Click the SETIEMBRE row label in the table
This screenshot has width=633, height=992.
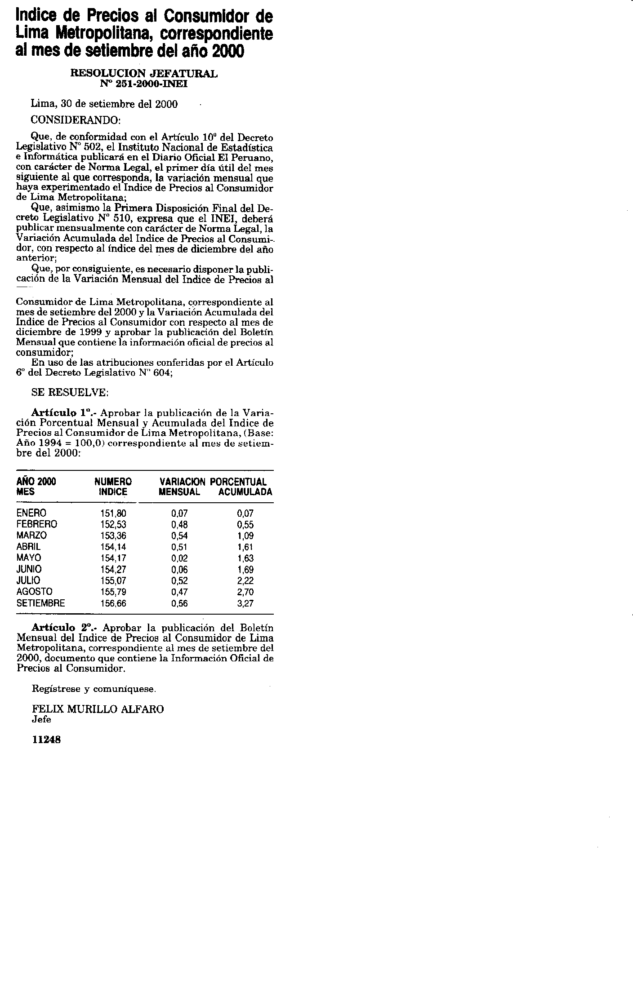coord(40,603)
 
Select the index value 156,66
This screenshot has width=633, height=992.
coord(113,603)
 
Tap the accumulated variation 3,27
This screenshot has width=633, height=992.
coord(245,603)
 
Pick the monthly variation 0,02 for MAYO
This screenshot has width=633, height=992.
coord(179,558)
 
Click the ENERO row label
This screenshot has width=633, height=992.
coord(31,513)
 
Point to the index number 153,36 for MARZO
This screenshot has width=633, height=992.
coord(113,536)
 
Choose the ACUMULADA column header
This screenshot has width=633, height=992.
coord(245,492)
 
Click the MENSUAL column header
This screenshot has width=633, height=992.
coord(179,492)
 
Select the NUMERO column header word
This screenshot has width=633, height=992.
coord(113,482)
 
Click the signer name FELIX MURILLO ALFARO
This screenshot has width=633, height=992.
coord(98,709)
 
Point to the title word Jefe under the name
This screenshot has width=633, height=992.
coord(41,719)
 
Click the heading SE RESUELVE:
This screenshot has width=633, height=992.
coord(70,392)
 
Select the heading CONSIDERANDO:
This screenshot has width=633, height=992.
coord(76,120)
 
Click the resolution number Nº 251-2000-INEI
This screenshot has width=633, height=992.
coord(144,84)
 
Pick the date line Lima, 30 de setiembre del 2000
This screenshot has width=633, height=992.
coord(104,104)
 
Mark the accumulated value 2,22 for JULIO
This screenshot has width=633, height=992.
coord(245,581)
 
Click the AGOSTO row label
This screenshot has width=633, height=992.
coord(34,592)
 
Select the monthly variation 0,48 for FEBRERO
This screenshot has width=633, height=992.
coord(179,524)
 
